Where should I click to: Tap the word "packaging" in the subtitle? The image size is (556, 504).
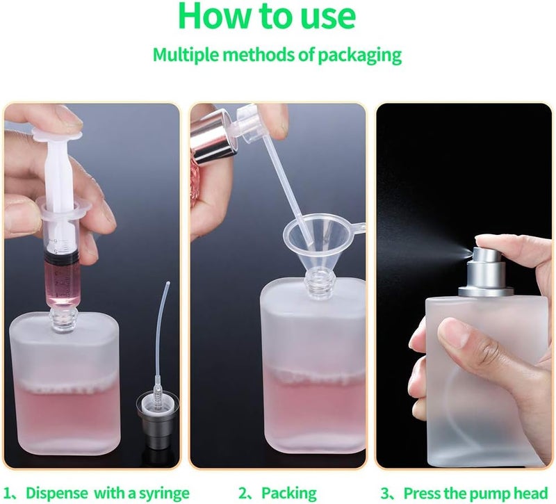(359, 56)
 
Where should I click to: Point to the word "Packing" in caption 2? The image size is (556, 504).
(289, 494)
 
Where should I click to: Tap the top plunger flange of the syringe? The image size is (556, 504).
(58, 135)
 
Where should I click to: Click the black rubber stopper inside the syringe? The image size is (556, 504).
(62, 259)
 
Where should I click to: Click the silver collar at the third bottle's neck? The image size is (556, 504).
(485, 292)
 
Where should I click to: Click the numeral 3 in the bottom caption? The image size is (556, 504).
(385, 494)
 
